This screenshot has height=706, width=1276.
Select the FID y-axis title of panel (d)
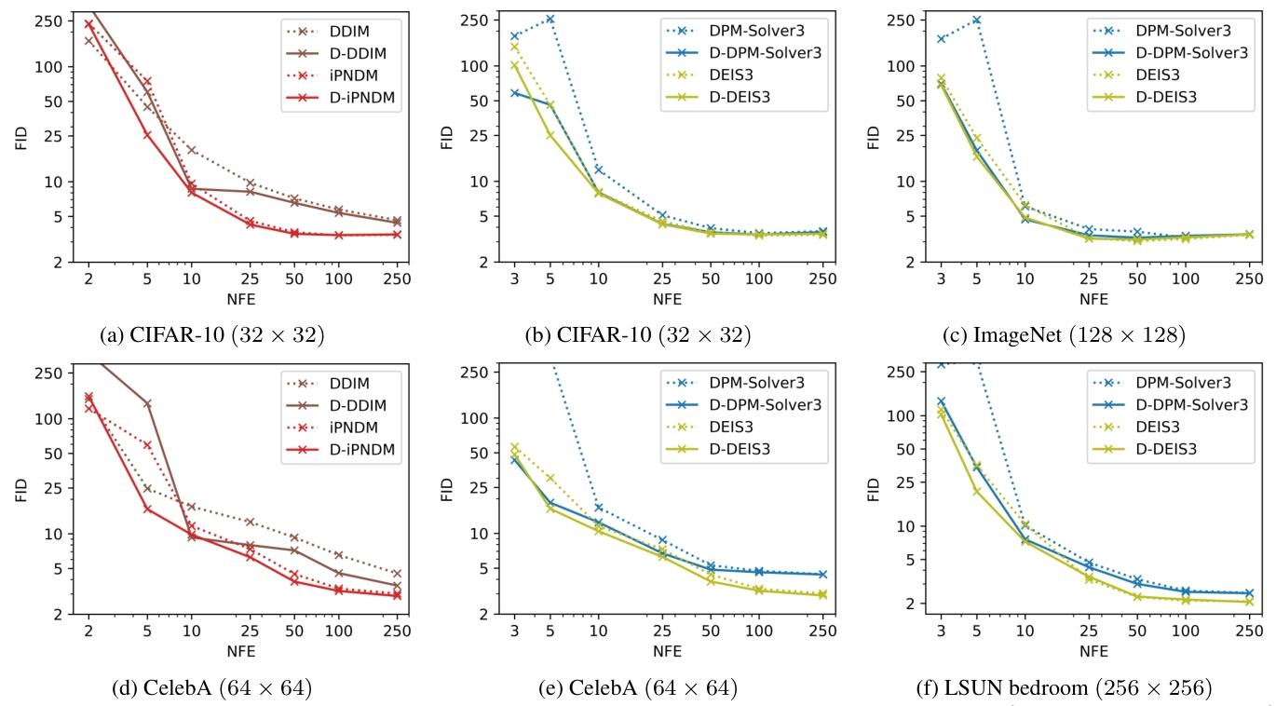pos(21,490)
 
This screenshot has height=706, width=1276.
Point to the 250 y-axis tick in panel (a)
pos(50,20)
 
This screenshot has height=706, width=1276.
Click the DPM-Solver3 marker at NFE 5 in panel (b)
pos(550,19)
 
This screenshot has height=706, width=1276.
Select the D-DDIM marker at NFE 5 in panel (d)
pos(147,403)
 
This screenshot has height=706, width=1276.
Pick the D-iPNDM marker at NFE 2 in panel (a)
pos(88,24)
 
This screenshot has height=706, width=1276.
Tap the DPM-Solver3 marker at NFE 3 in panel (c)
pos(941,39)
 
